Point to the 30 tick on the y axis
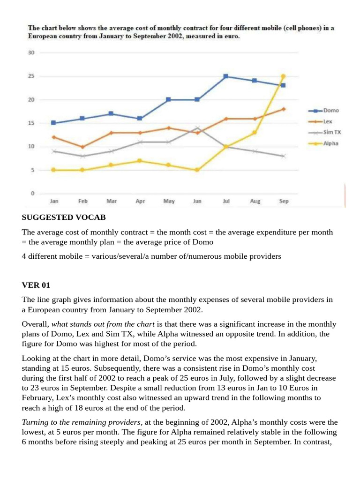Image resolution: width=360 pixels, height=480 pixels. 31,52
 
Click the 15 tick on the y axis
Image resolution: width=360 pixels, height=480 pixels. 31,123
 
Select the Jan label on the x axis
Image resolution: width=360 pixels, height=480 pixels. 54,201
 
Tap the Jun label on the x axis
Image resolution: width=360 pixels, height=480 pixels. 197,201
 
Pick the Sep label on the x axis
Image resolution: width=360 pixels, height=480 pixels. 284,201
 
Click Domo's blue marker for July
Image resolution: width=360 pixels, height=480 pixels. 226,76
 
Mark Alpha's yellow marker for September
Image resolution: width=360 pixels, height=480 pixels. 283,76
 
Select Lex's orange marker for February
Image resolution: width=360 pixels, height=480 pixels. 82,147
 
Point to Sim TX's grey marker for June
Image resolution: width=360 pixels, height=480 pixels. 197,128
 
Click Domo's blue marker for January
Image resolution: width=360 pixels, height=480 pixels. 54,123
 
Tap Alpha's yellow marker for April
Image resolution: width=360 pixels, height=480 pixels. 140,161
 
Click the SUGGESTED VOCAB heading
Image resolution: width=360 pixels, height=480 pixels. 64,217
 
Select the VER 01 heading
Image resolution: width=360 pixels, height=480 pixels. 36,285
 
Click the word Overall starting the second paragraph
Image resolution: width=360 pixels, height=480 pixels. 35,324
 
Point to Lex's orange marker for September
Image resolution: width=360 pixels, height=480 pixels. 283,109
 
